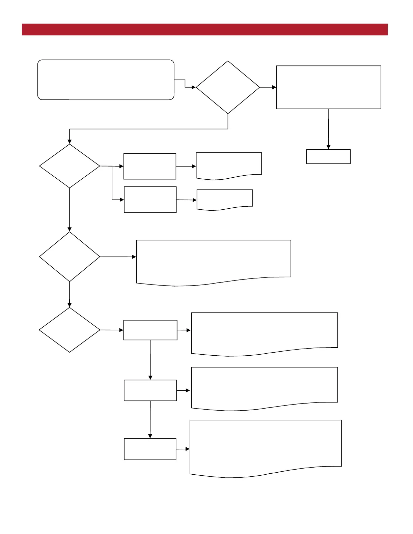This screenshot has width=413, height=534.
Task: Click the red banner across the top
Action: [x=204, y=29]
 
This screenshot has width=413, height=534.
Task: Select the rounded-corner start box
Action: [x=106, y=80]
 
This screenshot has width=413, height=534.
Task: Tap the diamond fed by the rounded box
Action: [x=228, y=87]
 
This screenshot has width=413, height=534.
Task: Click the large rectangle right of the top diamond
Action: [x=328, y=87]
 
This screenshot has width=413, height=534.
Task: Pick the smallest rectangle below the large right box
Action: [x=328, y=156]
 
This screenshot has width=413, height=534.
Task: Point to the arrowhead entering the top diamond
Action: [x=194, y=87]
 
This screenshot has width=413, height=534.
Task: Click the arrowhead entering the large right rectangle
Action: [x=274, y=87]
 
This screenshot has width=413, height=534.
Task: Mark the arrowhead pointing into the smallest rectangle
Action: [x=328, y=147]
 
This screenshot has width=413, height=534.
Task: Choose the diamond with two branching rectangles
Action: [x=70, y=166]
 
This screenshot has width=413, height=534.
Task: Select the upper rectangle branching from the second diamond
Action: [x=150, y=166]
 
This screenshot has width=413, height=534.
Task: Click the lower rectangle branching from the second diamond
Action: [x=150, y=200]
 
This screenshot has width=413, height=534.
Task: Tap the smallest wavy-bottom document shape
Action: [x=225, y=199]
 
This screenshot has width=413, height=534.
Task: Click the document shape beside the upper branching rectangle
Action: [x=229, y=165]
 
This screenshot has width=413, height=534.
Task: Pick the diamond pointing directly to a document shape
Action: [x=70, y=257]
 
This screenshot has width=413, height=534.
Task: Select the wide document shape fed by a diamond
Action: [x=214, y=261]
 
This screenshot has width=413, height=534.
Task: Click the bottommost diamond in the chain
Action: [x=70, y=330]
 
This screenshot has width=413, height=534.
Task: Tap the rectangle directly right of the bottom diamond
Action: [x=150, y=330]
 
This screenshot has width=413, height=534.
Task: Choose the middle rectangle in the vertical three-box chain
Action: [x=150, y=390]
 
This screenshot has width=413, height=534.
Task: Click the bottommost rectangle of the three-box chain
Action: [x=150, y=449]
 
